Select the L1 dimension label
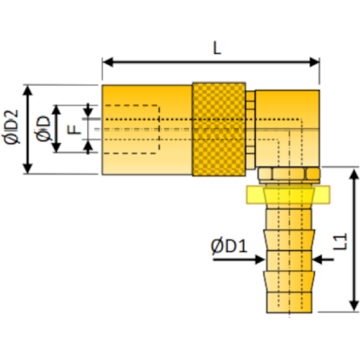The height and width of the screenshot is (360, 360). click(x=339, y=241)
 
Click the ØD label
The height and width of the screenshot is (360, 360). click(x=42, y=130)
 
